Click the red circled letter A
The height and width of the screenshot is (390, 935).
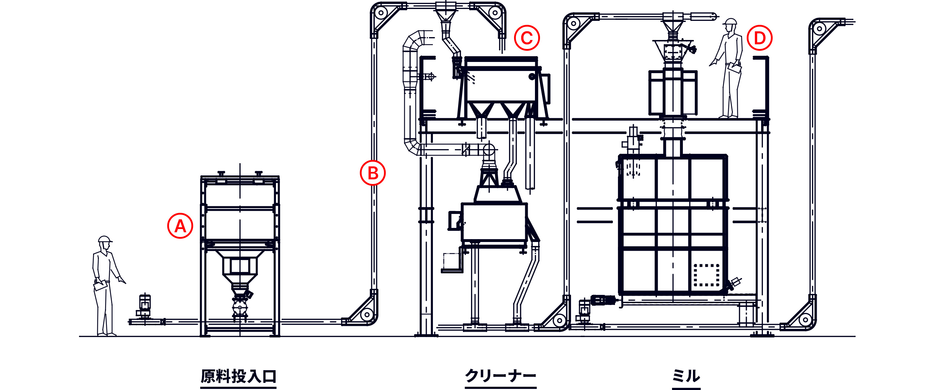pos(180,226)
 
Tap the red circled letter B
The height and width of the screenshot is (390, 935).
pos(373,173)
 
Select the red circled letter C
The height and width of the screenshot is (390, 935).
pos(527,38)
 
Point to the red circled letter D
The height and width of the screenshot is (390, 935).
pos(760,38)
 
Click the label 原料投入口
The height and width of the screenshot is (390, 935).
pos(238,376)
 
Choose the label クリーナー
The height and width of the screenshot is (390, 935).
pos(501,376)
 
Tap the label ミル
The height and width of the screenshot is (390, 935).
pos(686,376)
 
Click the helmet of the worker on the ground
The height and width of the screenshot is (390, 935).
pos(105,239)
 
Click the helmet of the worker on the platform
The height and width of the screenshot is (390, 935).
pos(730,21)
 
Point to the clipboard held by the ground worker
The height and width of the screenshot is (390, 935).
pos(101,285)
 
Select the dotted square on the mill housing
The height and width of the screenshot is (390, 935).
pos(707,275)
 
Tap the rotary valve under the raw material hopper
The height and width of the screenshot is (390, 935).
pos(240,308)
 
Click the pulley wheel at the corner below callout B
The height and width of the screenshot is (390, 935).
pos(367,314)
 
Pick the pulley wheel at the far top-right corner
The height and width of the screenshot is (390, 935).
pos(820,28)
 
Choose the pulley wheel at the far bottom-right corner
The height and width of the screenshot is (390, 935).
pos(805,320)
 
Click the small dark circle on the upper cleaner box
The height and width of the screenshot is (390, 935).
pos(532,76)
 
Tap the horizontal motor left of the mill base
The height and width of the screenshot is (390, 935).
pos(603,300)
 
